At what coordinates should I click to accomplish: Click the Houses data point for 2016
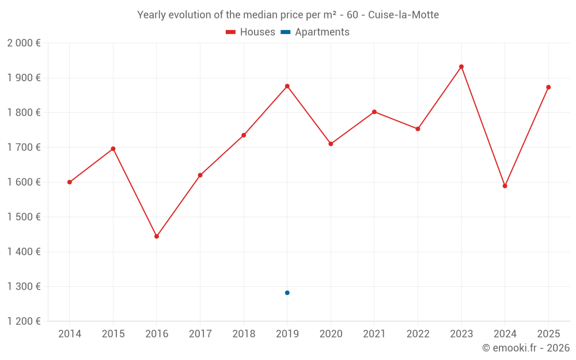coord(157,236)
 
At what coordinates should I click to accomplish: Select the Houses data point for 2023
coord(461,67)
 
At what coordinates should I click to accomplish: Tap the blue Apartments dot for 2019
coord(287,293)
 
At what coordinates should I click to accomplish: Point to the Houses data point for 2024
coord(505,186)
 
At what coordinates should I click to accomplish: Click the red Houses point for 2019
coord(287,86)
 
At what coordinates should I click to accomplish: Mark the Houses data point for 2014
coord(70,182)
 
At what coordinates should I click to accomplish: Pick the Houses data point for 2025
coord(548,87)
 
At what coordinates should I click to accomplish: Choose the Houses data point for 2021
coord(374,112)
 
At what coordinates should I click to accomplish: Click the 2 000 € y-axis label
coord(24,43)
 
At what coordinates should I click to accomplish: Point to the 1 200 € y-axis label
coord(24,321)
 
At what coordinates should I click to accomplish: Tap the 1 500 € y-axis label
coord(24,217)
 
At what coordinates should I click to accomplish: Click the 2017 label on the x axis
coord(200,334)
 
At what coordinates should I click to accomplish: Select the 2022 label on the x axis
coord(418,334)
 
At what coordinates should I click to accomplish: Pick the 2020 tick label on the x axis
coord(331,334)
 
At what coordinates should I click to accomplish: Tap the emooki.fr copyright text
coord(525,348)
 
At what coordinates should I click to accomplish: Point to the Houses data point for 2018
coord(244,135)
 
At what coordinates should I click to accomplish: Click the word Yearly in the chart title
coord(151,15)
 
